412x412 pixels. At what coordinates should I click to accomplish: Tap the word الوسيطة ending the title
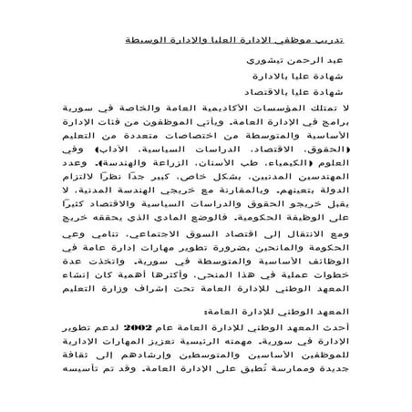(x=147, y=42)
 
